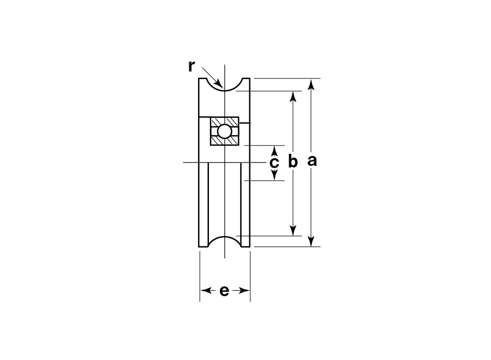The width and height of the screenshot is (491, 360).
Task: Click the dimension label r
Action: tap(191, 67)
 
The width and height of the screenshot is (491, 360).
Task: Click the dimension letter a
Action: tap(312, 160)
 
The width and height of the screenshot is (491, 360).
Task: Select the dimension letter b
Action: tap(293, 161)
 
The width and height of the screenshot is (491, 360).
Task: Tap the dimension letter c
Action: tap(274, 163)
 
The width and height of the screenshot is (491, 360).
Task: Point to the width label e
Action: tap(224, 291)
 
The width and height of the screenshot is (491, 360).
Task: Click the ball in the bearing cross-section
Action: tap(225, 131)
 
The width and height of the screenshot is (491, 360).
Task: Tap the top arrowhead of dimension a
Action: tap(311, 85)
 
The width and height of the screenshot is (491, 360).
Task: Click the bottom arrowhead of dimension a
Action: tap(311, 241)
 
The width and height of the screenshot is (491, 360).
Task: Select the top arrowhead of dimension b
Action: tap(293, 97)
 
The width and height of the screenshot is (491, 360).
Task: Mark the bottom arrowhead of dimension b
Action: tap(293, 230)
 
